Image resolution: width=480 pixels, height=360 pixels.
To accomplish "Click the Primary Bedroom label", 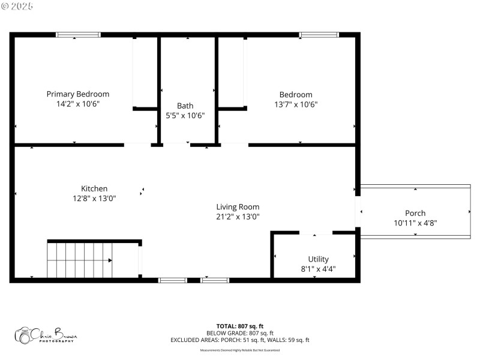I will tap(78, 94).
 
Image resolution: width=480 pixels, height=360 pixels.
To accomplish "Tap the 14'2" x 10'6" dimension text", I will tap(78, 104).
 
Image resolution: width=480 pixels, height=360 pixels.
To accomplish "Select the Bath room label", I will tap(185, 106).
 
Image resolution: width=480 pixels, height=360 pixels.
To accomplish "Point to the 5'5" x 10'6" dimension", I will tap(185, 115).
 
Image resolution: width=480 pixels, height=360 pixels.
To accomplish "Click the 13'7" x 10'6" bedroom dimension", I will tap(296, 104).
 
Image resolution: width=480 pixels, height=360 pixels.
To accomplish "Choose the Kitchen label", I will tap(94, 188).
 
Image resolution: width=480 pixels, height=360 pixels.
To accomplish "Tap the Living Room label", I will tap(238, 207).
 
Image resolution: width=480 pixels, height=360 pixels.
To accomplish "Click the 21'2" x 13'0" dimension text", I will tap(238, 217).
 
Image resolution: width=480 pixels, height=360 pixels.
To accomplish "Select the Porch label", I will tap(415, 213).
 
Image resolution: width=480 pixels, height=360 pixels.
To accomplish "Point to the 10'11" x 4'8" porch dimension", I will tap(415, 223).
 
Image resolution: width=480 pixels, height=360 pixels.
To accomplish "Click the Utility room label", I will tap(318, 259).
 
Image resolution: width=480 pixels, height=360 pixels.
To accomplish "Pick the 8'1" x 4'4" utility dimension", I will tap(318, 269).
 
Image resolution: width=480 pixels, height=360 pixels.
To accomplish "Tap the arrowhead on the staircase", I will tap(110, 260).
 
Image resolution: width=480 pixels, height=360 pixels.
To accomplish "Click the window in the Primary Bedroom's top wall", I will tap(78, 35).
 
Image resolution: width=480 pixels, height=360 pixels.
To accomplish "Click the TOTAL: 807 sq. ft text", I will tap(239, 326).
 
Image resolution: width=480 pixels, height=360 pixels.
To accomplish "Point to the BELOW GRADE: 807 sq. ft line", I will tap(239, 333).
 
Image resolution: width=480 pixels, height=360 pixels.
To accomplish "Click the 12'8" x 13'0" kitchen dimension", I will tap(94, 198).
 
